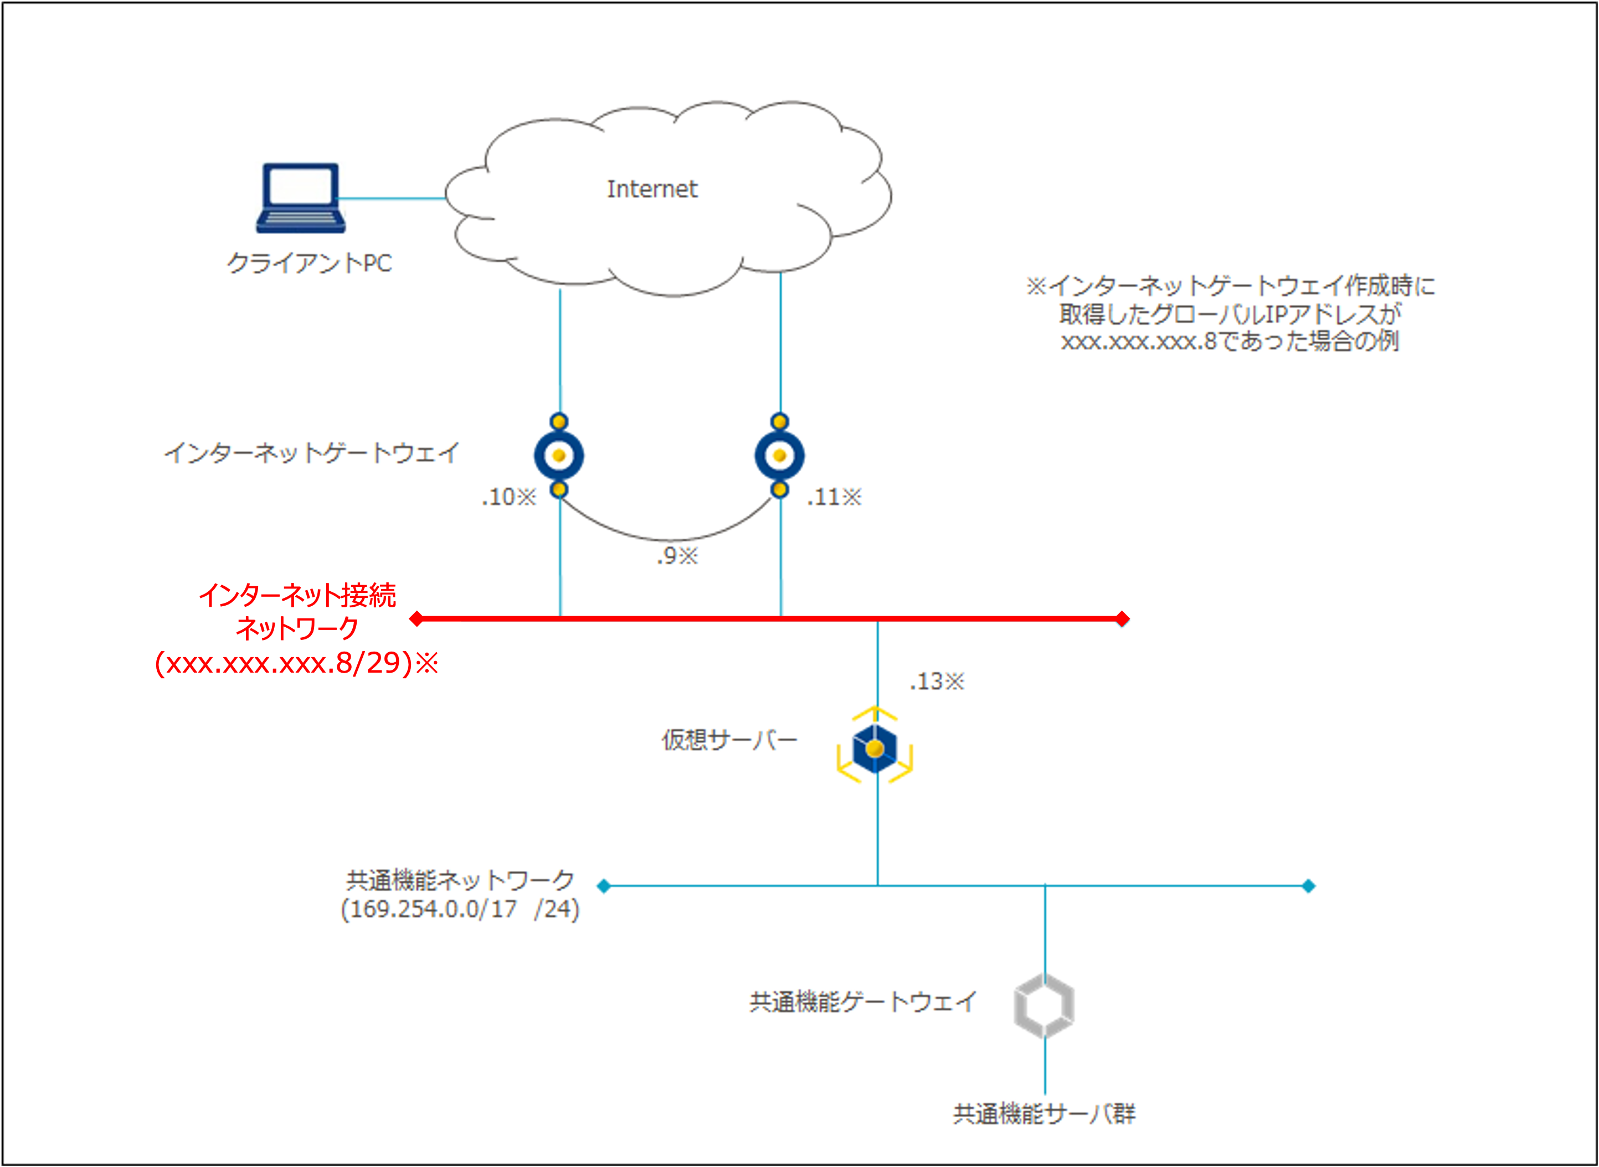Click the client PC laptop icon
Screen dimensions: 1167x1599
click(x=300, y=199)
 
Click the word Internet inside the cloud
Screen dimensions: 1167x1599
click(x=651, y=189)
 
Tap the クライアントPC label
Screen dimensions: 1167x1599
click(x=309, y=264)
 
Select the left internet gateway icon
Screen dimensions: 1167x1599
click(x=559, y=456)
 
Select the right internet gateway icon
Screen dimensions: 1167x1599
click(x=779, y=456)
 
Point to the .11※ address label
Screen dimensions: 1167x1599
click(x=835, y=497)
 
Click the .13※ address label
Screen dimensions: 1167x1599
click(x=936, y=681)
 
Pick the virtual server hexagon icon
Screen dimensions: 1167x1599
click(x=875, y=748)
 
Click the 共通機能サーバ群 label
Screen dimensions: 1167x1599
click(x=1043, y=1114)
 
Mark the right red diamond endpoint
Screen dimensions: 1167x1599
click(x=1122, y=619)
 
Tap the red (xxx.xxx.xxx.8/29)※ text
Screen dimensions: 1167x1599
click(x=297, y=663)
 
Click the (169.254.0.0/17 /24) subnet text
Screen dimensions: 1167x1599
click(x=460, y=909)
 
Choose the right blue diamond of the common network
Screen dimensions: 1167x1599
click(x=1308, y=886)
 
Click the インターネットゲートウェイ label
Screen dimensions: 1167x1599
click(x=312, y=453)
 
